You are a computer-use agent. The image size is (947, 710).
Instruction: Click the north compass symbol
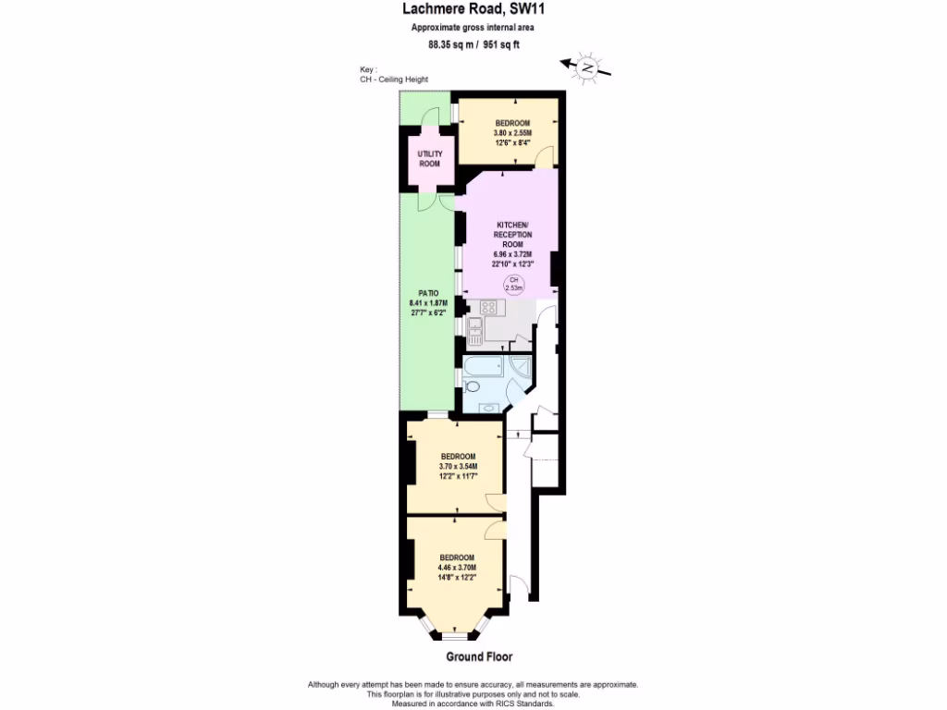click(585, 67)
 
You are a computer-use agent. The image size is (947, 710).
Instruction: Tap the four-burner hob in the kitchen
click(488, 307)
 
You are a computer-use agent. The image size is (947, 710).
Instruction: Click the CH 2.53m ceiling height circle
click(513, 285)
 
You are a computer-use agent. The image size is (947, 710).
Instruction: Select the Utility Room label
click(429, 158)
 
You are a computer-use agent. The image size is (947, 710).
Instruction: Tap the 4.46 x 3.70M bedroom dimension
click(457, 567)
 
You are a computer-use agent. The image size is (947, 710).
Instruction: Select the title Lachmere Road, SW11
click(473, 10)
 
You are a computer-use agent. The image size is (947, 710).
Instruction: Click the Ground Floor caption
click(478, 656)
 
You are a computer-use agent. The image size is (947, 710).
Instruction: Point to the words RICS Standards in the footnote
click(523, 704)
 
